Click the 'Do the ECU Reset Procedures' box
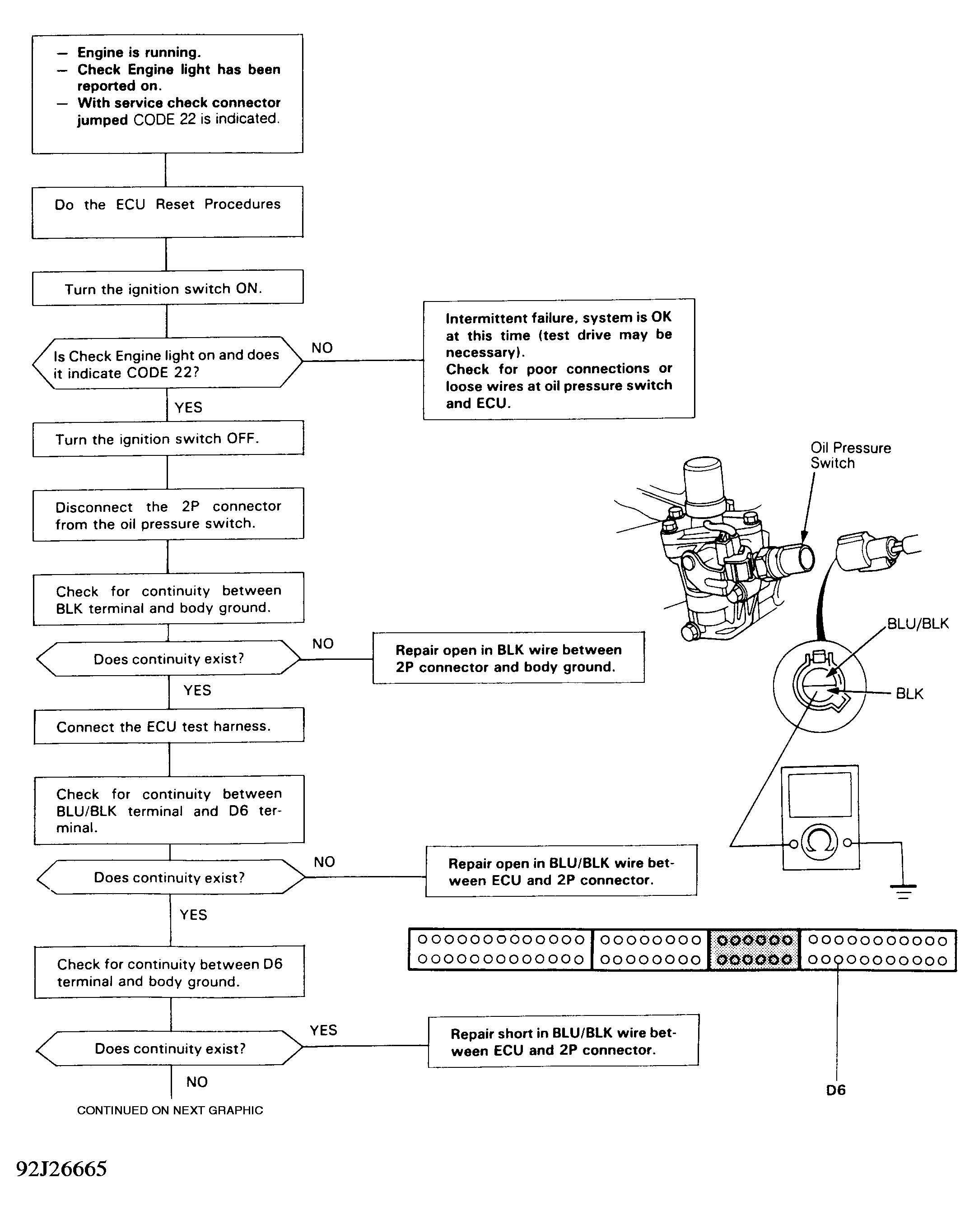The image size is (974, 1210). coord(167,212)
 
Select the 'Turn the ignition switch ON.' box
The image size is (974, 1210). coord(167,288)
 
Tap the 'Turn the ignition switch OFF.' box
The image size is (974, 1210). coord(168,438)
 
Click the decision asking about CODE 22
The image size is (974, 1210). coord(167,363)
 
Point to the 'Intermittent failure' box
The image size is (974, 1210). coord(559,359)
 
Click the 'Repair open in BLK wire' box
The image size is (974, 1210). coord(508,658)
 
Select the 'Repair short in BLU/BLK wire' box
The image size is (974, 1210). coord(563,1041)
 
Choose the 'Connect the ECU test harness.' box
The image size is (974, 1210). coord(168,726)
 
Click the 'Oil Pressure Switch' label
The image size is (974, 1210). coord(849,455)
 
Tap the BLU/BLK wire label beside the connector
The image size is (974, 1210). coord(917,624)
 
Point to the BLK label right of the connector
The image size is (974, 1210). coord(909,694)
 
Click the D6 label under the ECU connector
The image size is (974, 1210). coord(835,1090)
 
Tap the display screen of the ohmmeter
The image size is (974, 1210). coord(820,795)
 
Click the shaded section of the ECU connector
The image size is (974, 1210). coord(754,950)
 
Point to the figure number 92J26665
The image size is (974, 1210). coord(61,1169)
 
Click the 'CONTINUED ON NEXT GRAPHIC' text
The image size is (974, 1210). coord(169,1110)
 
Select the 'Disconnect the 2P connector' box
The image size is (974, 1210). coord(168,514)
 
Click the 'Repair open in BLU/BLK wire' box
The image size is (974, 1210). coord(561,871)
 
